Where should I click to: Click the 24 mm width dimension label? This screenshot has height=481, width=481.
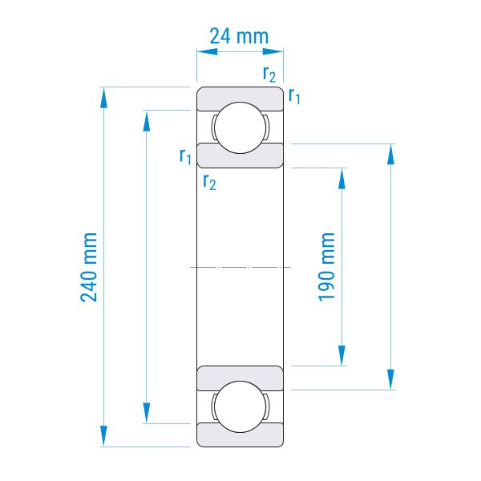(239, 36)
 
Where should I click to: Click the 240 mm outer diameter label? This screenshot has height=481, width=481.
(89, 267)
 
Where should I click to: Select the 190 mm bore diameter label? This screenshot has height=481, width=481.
(326, 267)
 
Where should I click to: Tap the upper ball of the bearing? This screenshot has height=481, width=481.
(240, 127)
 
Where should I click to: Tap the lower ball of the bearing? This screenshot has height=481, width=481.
(240, 406)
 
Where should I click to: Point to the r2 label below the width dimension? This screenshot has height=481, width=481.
(269, 74)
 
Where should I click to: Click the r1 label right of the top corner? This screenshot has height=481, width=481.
(294, 95)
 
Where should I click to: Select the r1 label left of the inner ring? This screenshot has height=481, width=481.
(185, 156)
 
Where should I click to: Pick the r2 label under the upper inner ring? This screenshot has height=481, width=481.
(209, 182)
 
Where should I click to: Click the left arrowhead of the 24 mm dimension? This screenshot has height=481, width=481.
(207, 51)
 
